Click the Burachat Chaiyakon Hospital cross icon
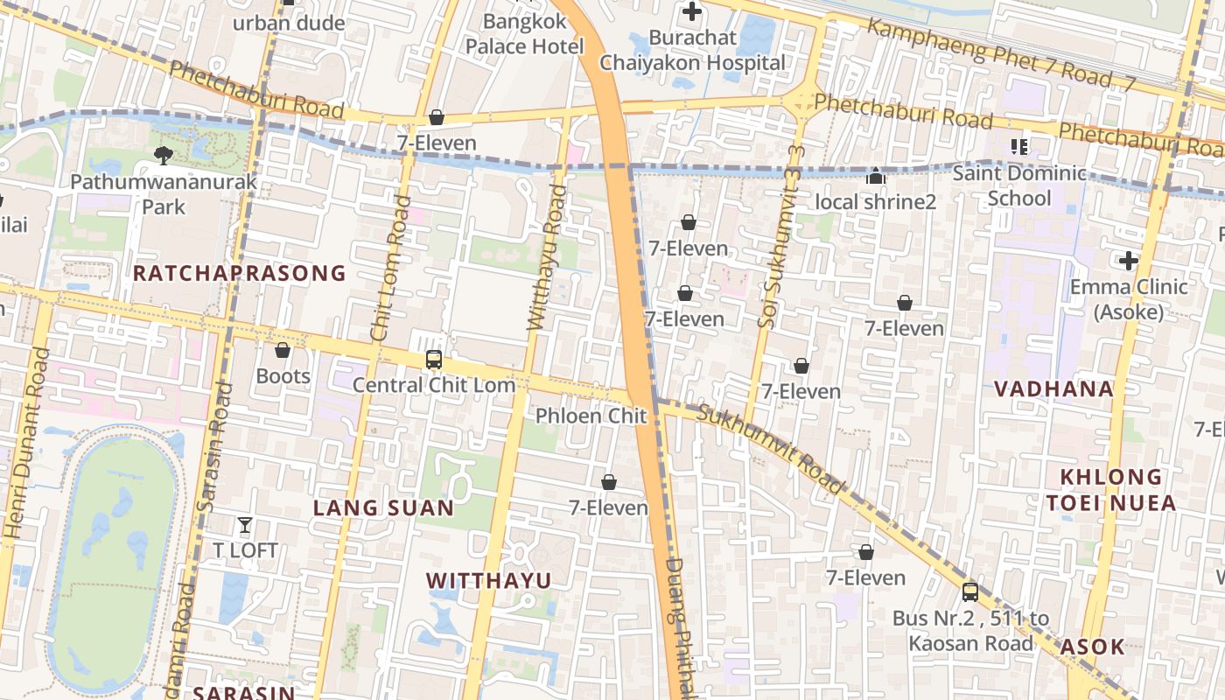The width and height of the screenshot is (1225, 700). [691, 12]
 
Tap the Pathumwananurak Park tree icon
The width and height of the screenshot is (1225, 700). [163, 156]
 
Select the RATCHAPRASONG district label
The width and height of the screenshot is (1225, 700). [239, 273]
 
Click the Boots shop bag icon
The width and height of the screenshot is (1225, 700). [283, 351]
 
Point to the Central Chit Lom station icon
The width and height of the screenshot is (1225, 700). [433, 359]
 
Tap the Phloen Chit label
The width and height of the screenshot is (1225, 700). [591, 416]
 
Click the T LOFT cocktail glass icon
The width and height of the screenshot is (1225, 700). [245, 525]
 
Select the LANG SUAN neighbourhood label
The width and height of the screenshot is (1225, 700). [383, 507]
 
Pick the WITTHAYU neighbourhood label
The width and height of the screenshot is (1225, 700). [488, 580]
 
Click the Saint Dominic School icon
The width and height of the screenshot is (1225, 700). [1018, 147]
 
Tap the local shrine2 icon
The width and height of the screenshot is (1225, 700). [875, 177]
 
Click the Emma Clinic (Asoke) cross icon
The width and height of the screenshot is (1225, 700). [1128, 260]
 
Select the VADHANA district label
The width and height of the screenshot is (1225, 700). [1053, 389]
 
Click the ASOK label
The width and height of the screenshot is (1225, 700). [1092, 647]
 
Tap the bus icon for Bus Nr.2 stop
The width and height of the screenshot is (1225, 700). [969, 592]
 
